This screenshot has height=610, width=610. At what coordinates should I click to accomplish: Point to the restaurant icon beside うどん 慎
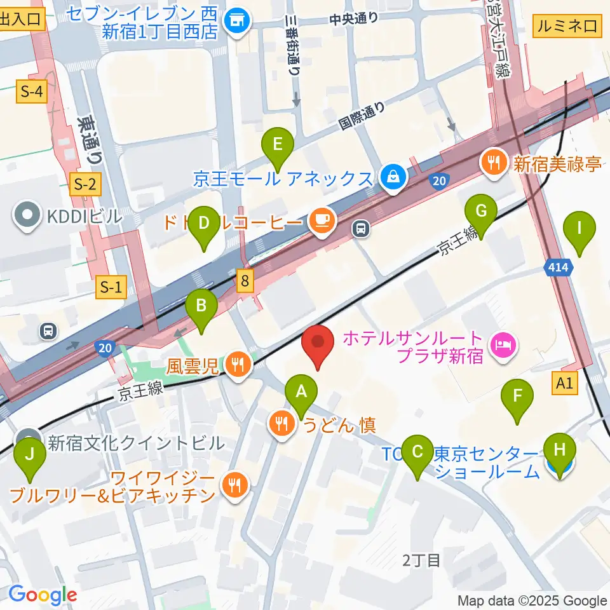tap(281, 423)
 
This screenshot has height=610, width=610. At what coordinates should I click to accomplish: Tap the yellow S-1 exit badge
tap(110, 288)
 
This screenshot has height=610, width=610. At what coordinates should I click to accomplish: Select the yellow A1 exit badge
tap(564, 383)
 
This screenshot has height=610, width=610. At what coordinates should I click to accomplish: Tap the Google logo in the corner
tap(43, 594)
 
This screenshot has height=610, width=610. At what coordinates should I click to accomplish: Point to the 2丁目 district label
tap(421, 560)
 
